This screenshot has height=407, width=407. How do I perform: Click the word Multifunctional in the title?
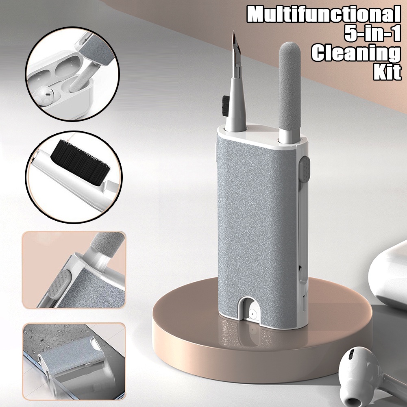tap(324, 15)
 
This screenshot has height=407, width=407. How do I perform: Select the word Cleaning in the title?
tap(356, 53)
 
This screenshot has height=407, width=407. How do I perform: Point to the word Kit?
tap(387, 72)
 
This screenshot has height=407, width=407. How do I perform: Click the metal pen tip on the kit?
tap(237, 54)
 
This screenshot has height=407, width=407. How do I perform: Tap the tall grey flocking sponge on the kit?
tap(289, 86)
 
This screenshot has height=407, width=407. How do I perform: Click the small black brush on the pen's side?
tap(226, 106)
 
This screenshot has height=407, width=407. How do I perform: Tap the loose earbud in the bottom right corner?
tap(369, 377)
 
